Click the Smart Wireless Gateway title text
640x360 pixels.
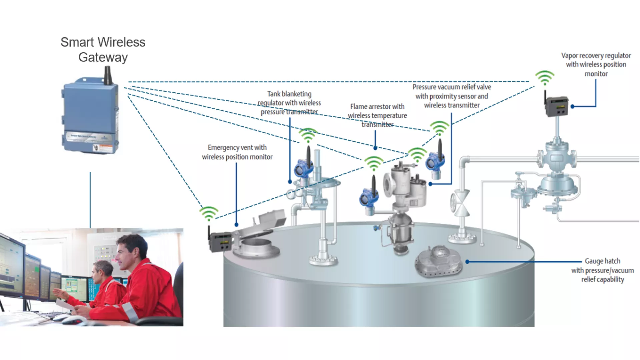(103, 49)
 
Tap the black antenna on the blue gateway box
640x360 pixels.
(107, 75)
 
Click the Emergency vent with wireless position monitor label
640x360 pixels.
(237, 152)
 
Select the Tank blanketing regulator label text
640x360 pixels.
(289, 103)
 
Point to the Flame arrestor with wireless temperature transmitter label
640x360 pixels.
(377, 115)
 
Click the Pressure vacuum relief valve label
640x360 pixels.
(452, 96)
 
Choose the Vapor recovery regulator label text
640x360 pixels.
(596, 64)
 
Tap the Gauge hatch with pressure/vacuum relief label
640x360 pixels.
(602, 270)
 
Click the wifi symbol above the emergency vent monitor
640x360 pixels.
(209, 214)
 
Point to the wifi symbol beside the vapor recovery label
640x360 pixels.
(545, 78)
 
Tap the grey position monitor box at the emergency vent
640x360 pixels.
(221, 242)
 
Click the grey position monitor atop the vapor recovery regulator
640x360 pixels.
(557, 106)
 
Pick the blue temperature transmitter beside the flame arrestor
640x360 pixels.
(369, 199)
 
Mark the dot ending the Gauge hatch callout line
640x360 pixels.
(467, 262)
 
